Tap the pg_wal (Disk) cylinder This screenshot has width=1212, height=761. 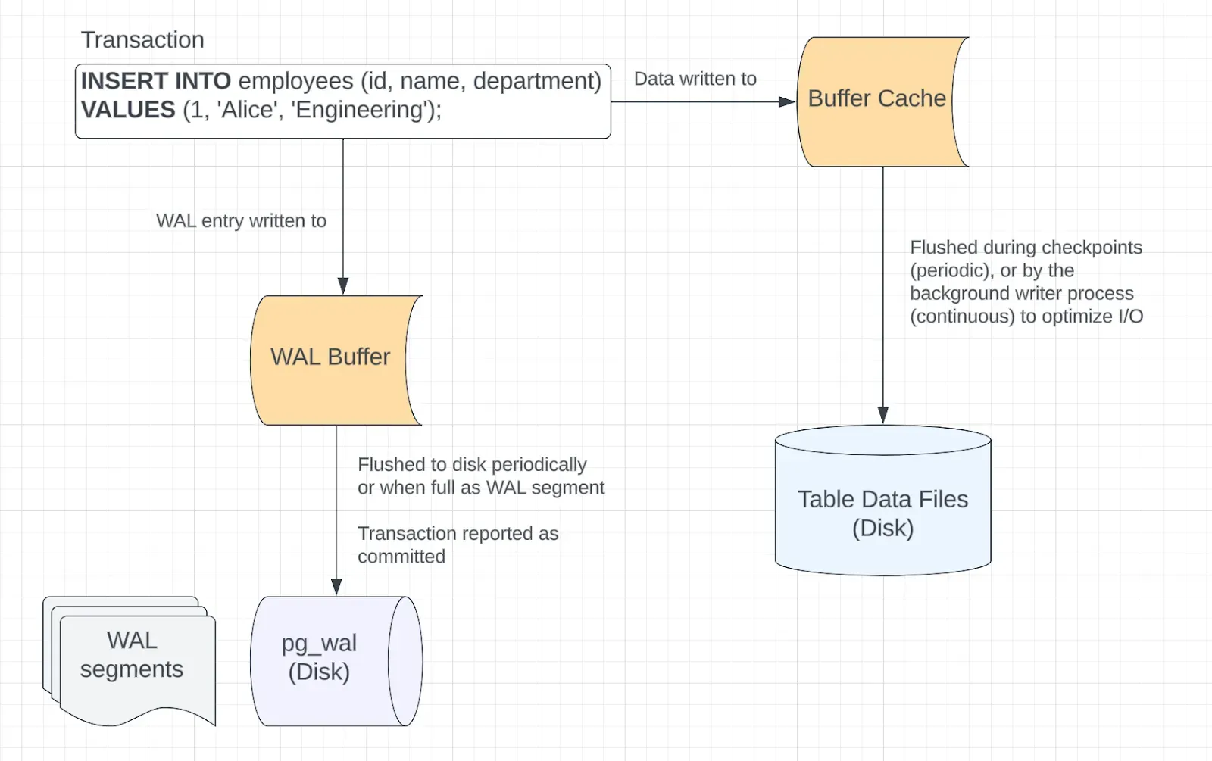336,661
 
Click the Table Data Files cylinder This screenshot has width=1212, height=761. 883,501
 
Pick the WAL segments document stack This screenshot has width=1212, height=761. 130,661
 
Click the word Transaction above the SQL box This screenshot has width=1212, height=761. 142,40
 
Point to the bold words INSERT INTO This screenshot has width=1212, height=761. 156,81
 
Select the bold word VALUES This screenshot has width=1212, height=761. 128,110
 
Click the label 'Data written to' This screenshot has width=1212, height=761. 695,79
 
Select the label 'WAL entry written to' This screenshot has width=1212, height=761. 242,220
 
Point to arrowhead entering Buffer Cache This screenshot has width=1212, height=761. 787,101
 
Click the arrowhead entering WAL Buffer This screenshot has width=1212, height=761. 343,287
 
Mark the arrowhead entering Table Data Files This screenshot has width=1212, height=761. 883,416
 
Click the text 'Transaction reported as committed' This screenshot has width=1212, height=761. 458,544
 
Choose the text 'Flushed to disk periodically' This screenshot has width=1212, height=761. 473,465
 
